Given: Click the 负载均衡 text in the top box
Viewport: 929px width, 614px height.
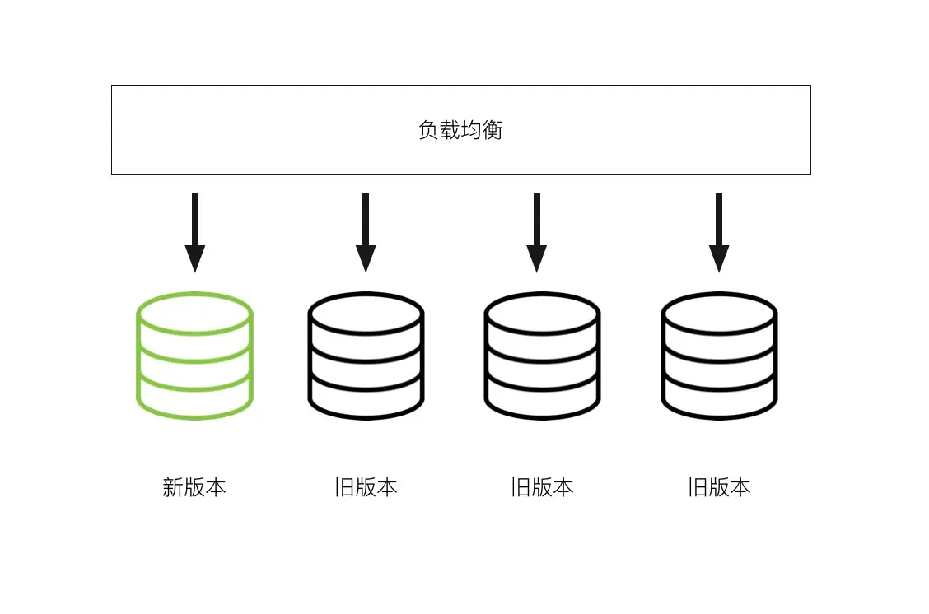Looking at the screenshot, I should point(460,130).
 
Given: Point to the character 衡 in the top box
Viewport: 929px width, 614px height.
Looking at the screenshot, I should point(493,130).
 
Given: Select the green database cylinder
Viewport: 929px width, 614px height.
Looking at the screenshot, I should point(194,356).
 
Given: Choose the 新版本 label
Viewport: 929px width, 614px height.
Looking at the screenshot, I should point(194,487).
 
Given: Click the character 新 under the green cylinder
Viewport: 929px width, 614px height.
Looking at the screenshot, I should point(173,487).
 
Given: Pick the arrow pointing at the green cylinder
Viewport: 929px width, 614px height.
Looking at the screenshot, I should point(194,232).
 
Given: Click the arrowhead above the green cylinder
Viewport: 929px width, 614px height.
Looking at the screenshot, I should point(194,258).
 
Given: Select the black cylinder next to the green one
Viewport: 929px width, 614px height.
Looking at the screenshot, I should point(366,356).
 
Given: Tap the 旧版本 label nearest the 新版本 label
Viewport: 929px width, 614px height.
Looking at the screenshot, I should point(366,487).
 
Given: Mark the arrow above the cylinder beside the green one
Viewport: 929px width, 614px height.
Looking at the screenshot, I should point(366,232).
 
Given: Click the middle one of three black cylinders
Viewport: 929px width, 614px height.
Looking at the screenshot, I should point(542,356).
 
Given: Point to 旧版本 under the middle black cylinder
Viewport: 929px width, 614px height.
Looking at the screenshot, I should point(542,487).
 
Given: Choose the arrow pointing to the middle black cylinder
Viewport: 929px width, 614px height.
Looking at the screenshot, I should point(536,232).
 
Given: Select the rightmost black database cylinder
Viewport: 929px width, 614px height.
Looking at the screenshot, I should point(719,356).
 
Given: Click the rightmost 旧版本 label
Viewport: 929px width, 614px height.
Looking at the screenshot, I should point(719,487).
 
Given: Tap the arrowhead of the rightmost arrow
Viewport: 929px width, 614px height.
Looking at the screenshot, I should point(719,258).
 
